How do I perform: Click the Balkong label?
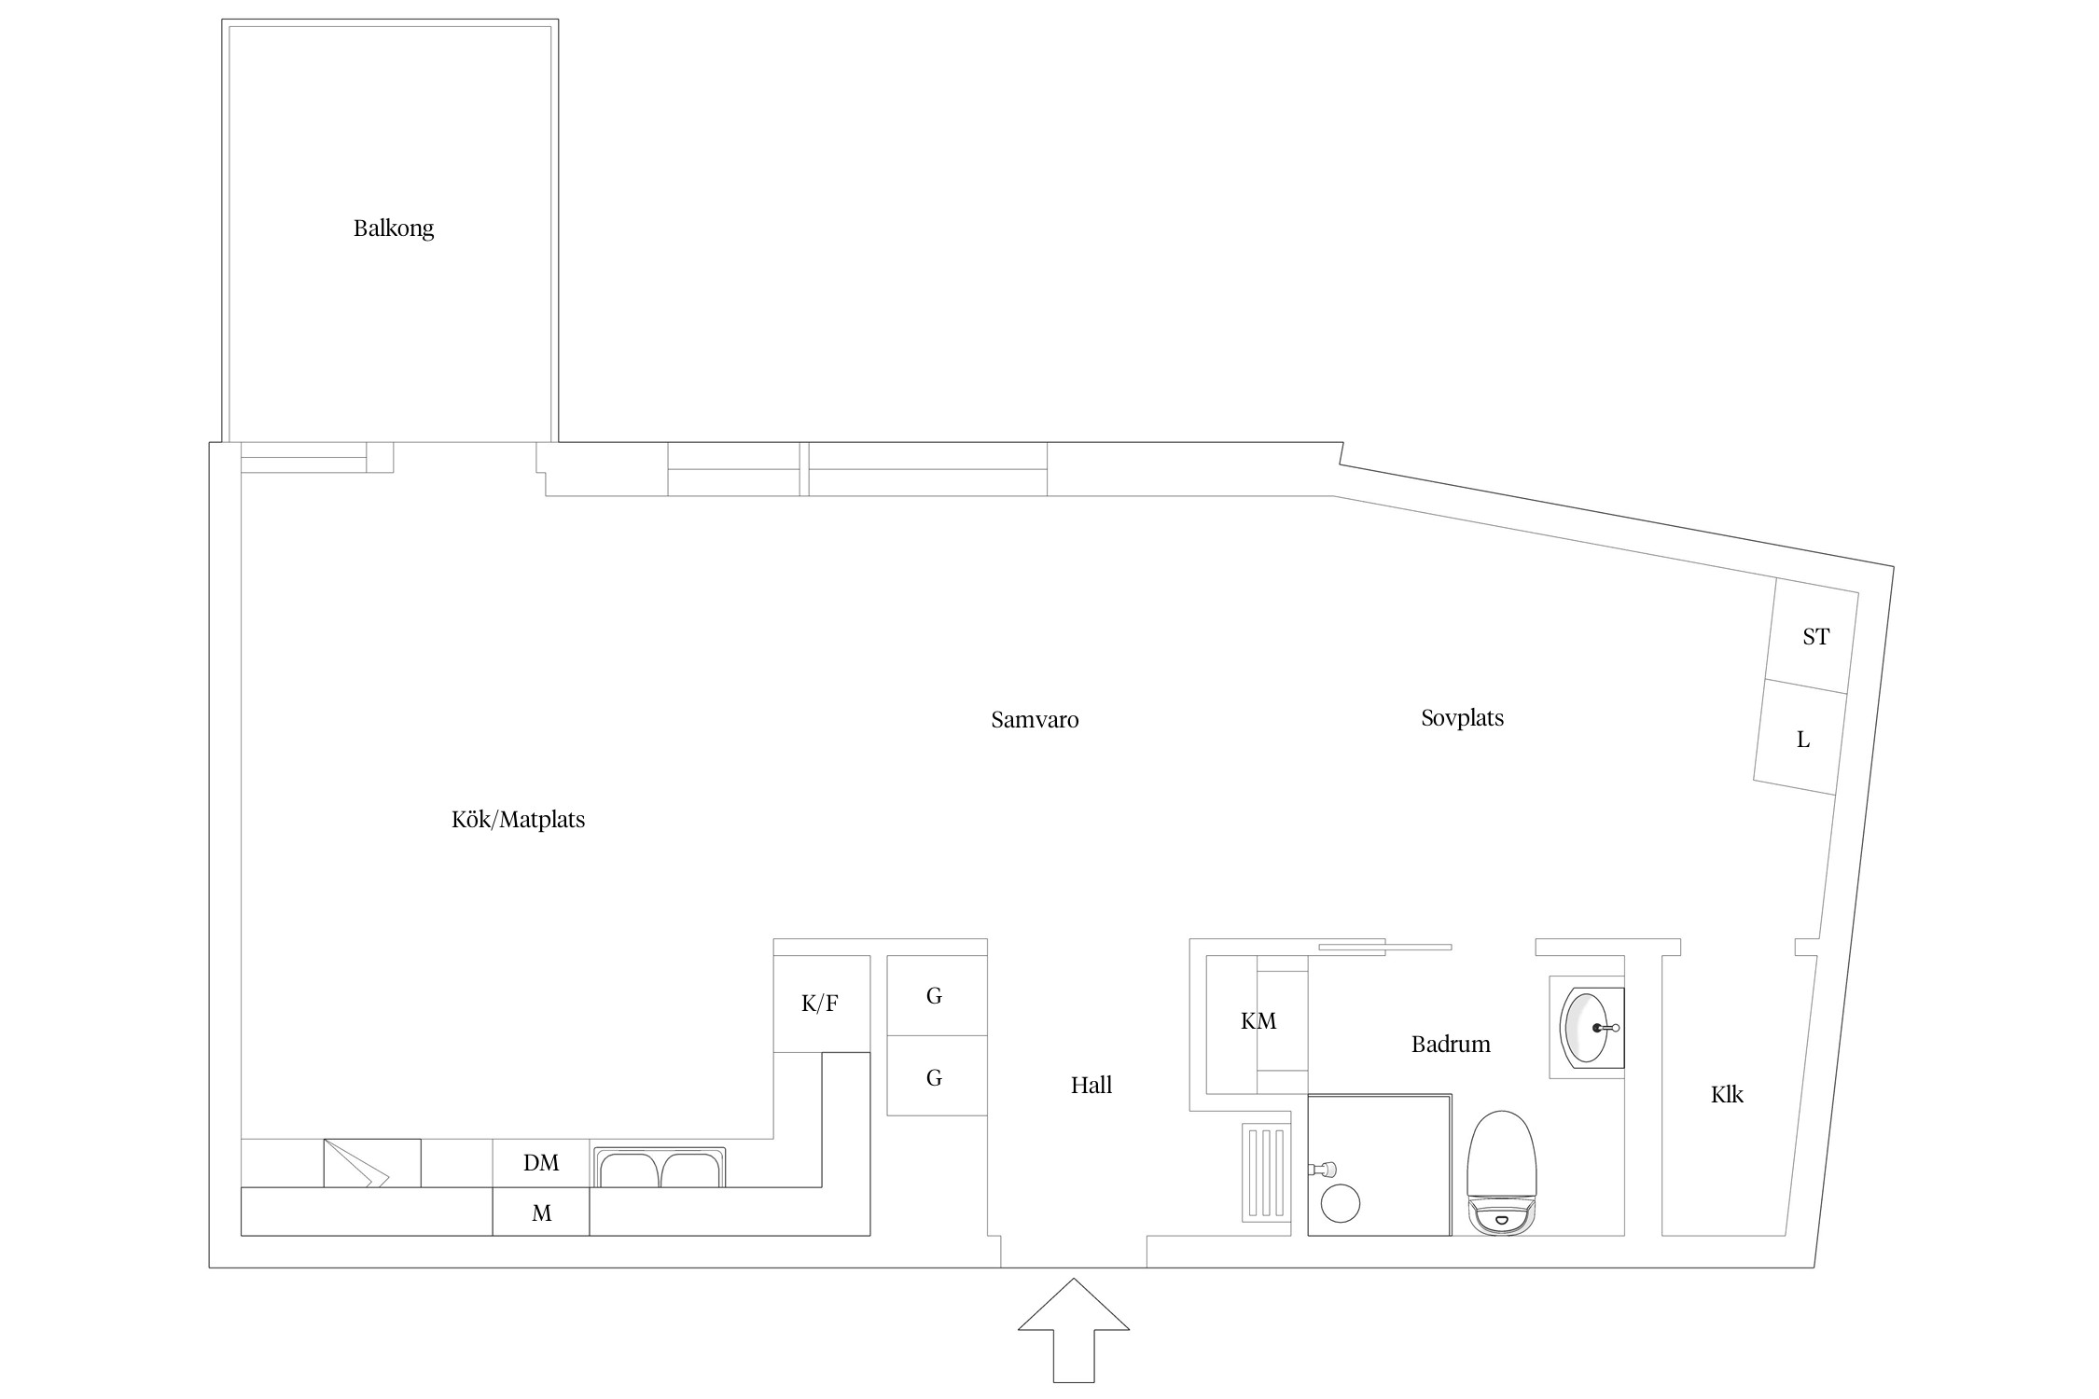393,229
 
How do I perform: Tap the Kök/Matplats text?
518,820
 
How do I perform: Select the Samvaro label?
1035,720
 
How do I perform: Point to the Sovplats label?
1462,718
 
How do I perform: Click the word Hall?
1091,1085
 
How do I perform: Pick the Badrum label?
1451,1044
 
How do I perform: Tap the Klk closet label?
1727,1094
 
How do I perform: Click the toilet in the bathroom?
1501,1172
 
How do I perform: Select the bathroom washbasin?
1588,1028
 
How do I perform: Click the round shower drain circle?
1341,1203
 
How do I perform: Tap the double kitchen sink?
660,1167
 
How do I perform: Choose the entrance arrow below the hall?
1074,1330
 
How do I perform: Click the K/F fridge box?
821,1004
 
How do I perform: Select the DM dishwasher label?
541,1163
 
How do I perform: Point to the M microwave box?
541,1212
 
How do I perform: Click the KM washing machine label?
1258,1021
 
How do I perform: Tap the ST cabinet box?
1811,636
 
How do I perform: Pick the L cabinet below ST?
1799,738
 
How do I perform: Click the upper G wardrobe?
937,995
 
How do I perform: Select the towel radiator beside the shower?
1267,1173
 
